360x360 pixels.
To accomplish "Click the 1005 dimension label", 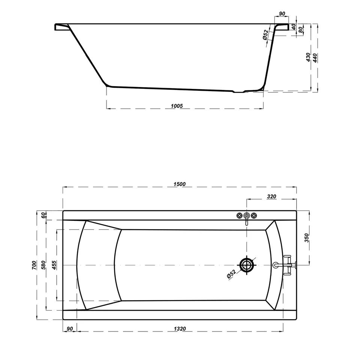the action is point(177,106).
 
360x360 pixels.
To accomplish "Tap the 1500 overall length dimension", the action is point(180,184).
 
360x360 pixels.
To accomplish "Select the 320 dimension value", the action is point(271,196).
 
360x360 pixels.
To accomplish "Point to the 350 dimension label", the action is point(307,238).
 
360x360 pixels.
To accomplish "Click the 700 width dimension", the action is point(34,265).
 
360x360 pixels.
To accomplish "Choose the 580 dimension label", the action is point(43,265).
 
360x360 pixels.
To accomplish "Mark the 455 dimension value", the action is point(54,265).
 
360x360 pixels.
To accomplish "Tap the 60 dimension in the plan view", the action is point(43,215).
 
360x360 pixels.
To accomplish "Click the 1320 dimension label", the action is point(180,329).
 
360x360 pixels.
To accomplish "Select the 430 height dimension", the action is point(308,57).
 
